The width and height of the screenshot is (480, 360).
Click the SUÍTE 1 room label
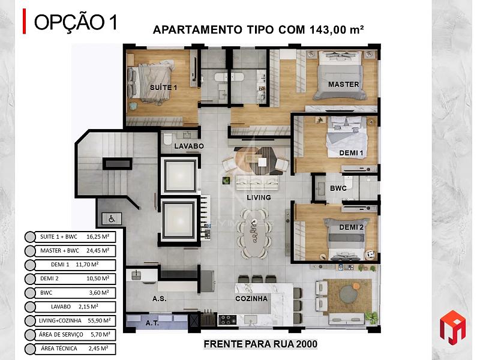click(x=163, y=88)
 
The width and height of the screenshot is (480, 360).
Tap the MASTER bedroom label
click(x=343, y=84)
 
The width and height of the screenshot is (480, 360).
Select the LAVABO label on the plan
click(x=189, y=146)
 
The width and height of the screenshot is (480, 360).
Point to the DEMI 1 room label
click(x=351, y=153)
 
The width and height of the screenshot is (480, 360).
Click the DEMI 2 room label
click(x=352, y=227)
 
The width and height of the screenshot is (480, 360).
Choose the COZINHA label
click(x=251, y=298)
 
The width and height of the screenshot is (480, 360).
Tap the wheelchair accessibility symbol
click(x=112, y=219)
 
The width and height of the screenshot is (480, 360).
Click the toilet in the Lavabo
click(x=167, y=139)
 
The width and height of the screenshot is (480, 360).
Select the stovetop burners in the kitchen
click(x=227, y=320)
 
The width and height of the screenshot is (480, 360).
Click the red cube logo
click(x=452, y=327)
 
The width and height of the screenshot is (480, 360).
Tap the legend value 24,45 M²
click(x=98, y=250)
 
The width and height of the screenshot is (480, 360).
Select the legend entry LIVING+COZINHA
click(x=60, y=320)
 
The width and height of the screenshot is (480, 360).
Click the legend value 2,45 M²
click(x=98, y=349)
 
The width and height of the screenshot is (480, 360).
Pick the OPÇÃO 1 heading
click(x=76, y=22)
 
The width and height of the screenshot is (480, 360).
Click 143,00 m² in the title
click(x=337, y=29)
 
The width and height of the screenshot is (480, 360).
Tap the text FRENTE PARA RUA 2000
click(x=260, y=344)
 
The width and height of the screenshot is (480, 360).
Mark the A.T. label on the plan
click(x=152, y=323)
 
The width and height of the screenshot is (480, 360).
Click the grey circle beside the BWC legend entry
click(x=30, y=293)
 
